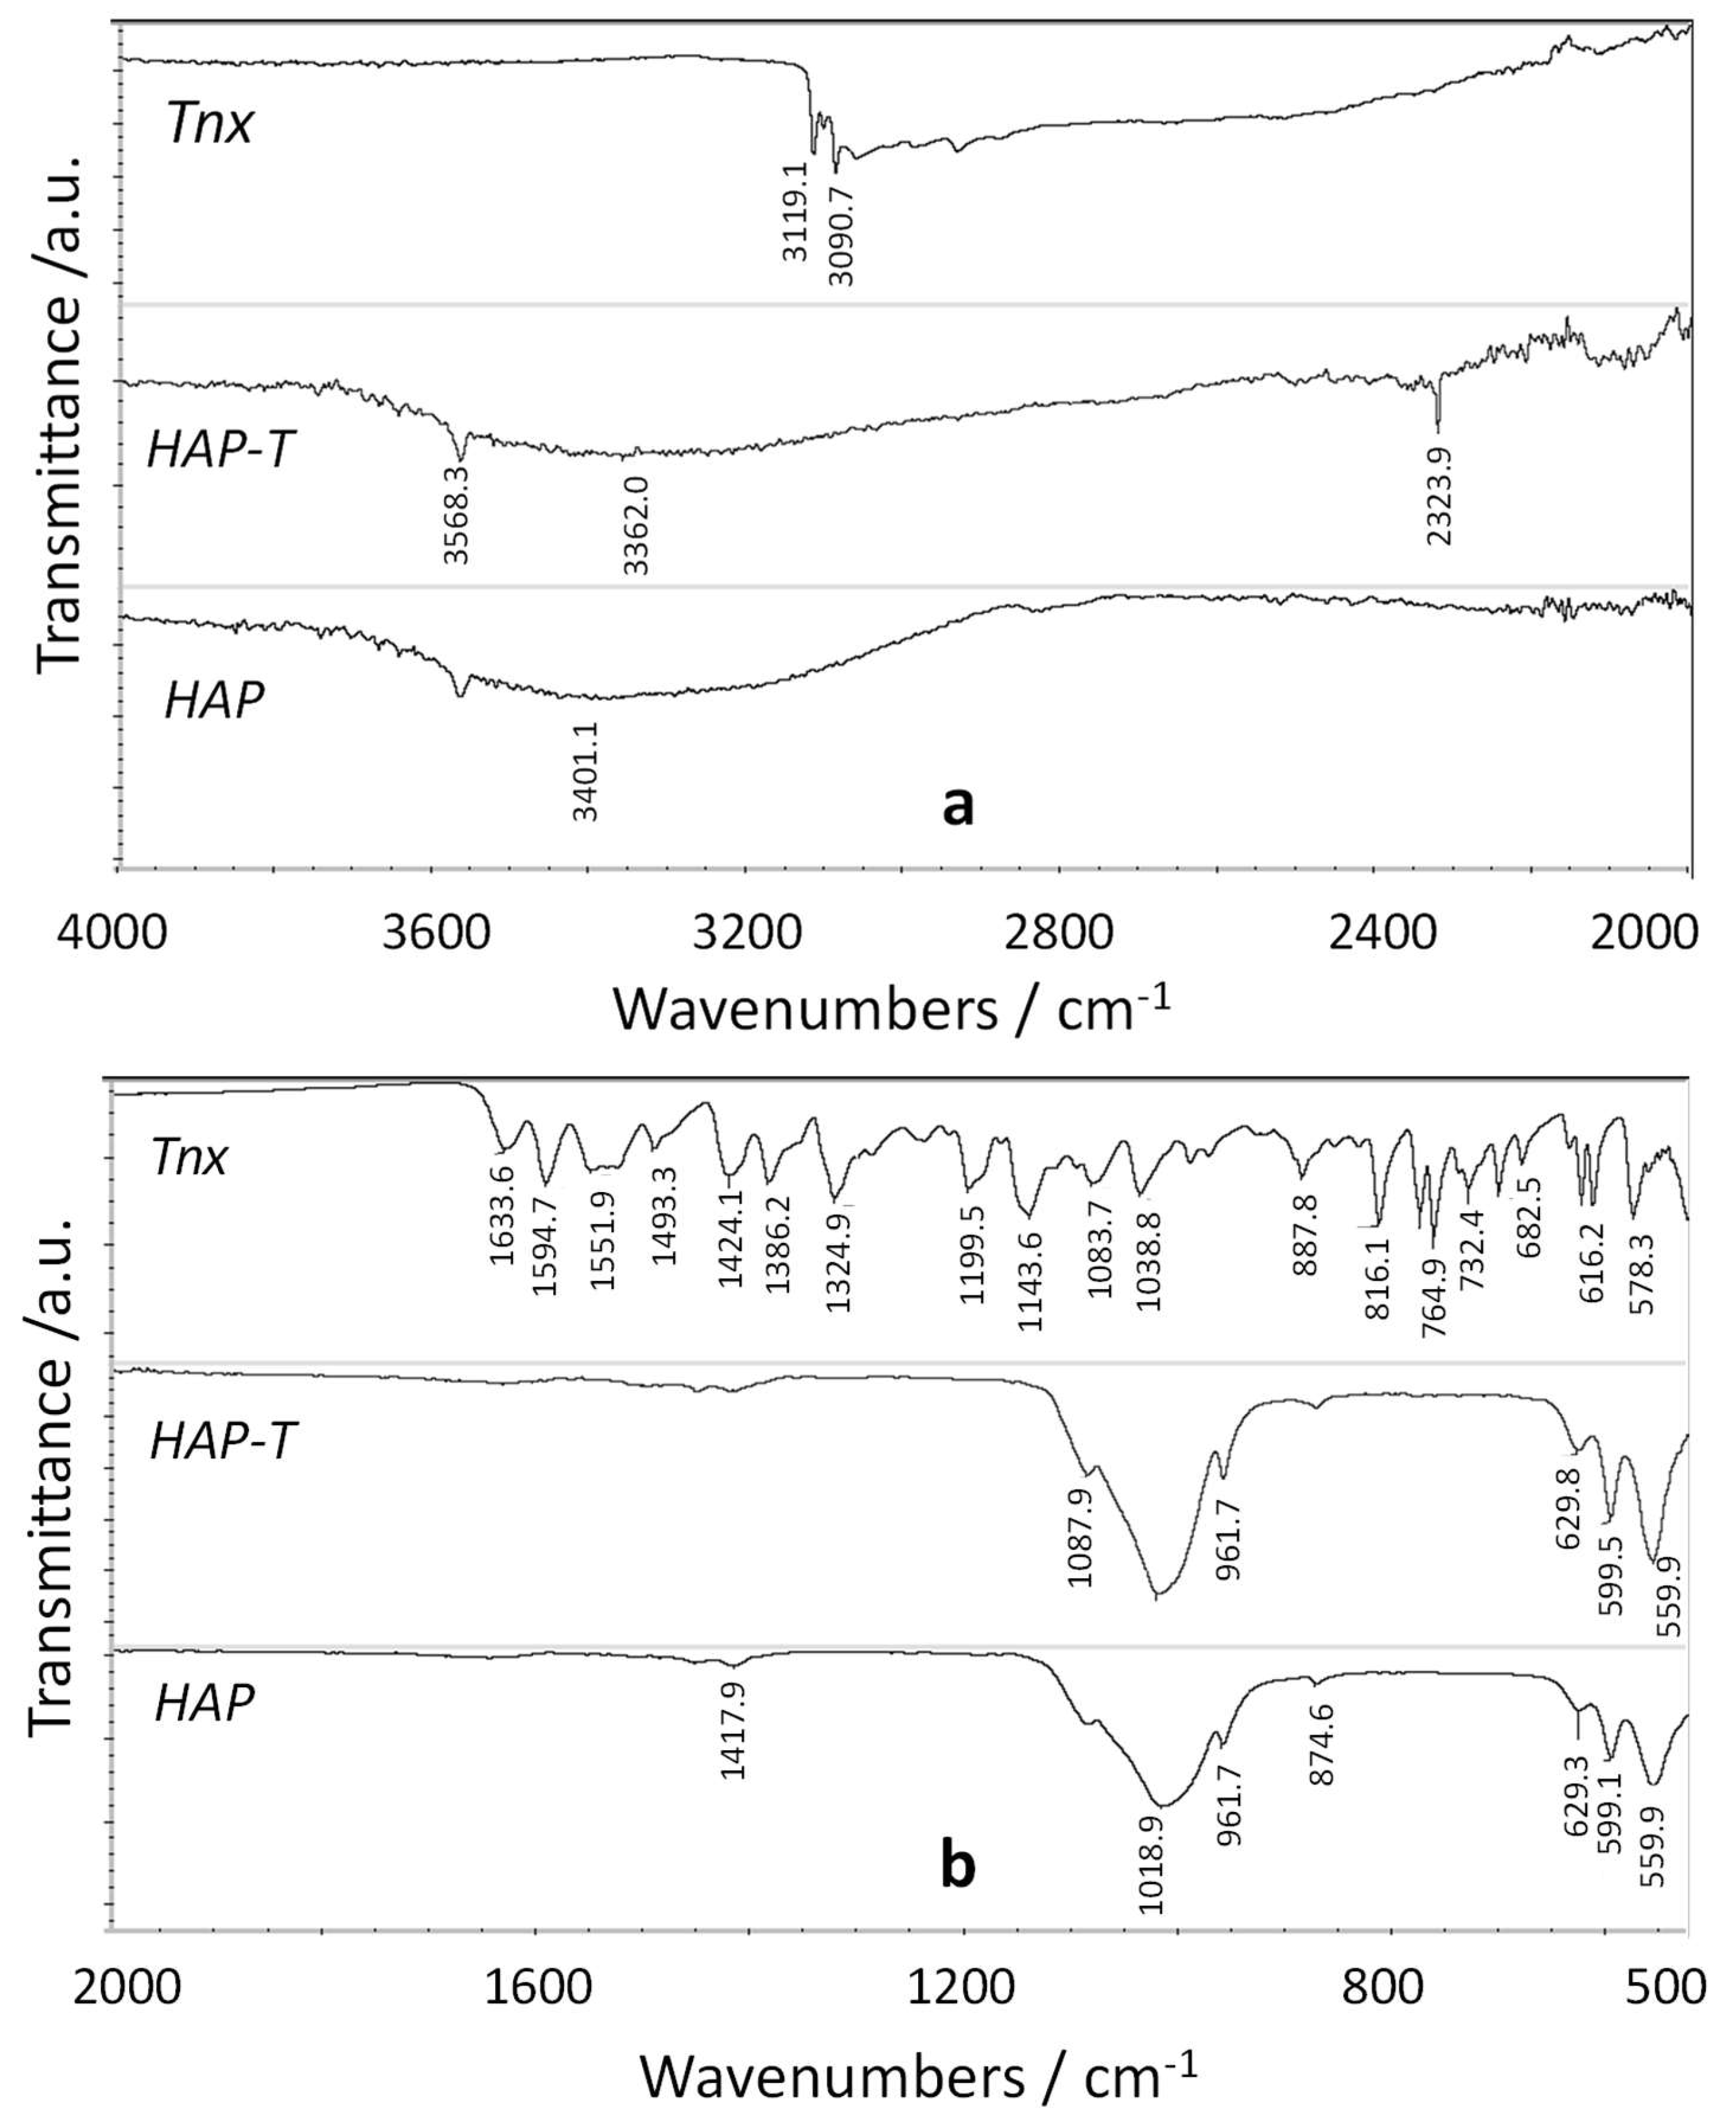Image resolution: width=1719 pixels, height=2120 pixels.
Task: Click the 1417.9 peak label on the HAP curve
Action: [x=733, y=1718]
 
